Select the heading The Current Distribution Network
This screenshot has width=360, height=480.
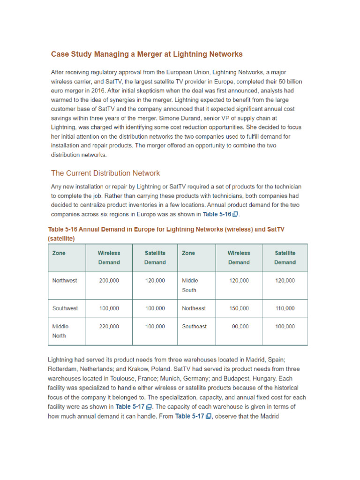[x=105, y=173]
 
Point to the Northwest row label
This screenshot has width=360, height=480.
[x=65, y=281]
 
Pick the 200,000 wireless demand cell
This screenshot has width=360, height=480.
[x=109, y=281]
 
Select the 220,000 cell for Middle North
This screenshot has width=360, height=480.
[x=109, y=327]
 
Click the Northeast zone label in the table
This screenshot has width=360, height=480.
[x=194, y=308]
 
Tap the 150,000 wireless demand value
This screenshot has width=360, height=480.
[x=239, y=308]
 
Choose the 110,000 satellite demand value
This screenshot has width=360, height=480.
[x=285, y=308]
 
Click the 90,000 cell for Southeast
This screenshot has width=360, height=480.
[x=240, y=327]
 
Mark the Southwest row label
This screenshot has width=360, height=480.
[x=65, y=308]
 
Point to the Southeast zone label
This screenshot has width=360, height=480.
[x=194, y=327]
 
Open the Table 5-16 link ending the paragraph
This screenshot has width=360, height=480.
[x=220, y=214]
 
